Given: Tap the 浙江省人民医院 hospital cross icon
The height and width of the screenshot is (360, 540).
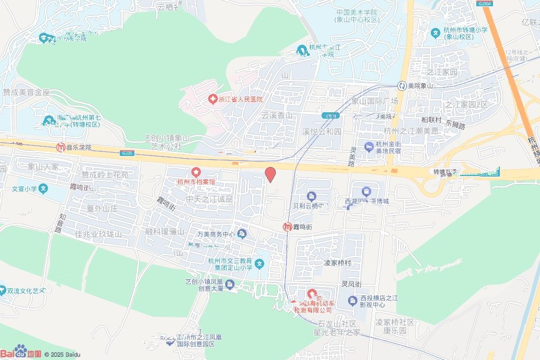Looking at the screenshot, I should pos(212,99).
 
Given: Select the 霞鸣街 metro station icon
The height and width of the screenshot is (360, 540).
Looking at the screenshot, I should pos(287,227).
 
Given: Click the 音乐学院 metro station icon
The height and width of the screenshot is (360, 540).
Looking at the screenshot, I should pos(61,148).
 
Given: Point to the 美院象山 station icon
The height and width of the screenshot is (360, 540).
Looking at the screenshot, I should pos(402,85).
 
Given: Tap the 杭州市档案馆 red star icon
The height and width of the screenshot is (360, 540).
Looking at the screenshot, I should pos(196,172).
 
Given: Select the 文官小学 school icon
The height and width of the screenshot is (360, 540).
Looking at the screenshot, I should pos(44,188).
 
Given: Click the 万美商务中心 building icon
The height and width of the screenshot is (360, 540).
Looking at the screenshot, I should pos(242,233).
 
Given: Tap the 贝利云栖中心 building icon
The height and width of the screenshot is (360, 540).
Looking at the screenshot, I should pos(312,196).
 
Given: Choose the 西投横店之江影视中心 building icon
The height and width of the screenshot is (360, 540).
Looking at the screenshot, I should pos(352,301).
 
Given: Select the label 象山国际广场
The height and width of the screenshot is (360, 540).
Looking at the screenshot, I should pos(374,101).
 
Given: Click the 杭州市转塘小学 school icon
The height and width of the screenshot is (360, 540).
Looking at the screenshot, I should pos(436,33).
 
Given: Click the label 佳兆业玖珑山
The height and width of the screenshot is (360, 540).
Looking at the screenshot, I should pos(99,234).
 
